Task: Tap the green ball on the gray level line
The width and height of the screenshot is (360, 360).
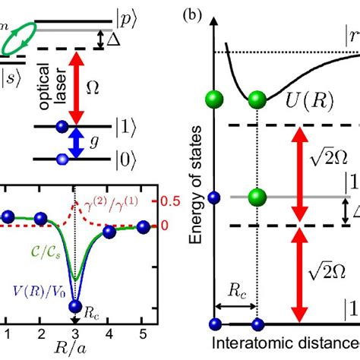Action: (257, 196)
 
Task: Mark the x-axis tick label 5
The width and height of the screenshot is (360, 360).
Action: (143, 334)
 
